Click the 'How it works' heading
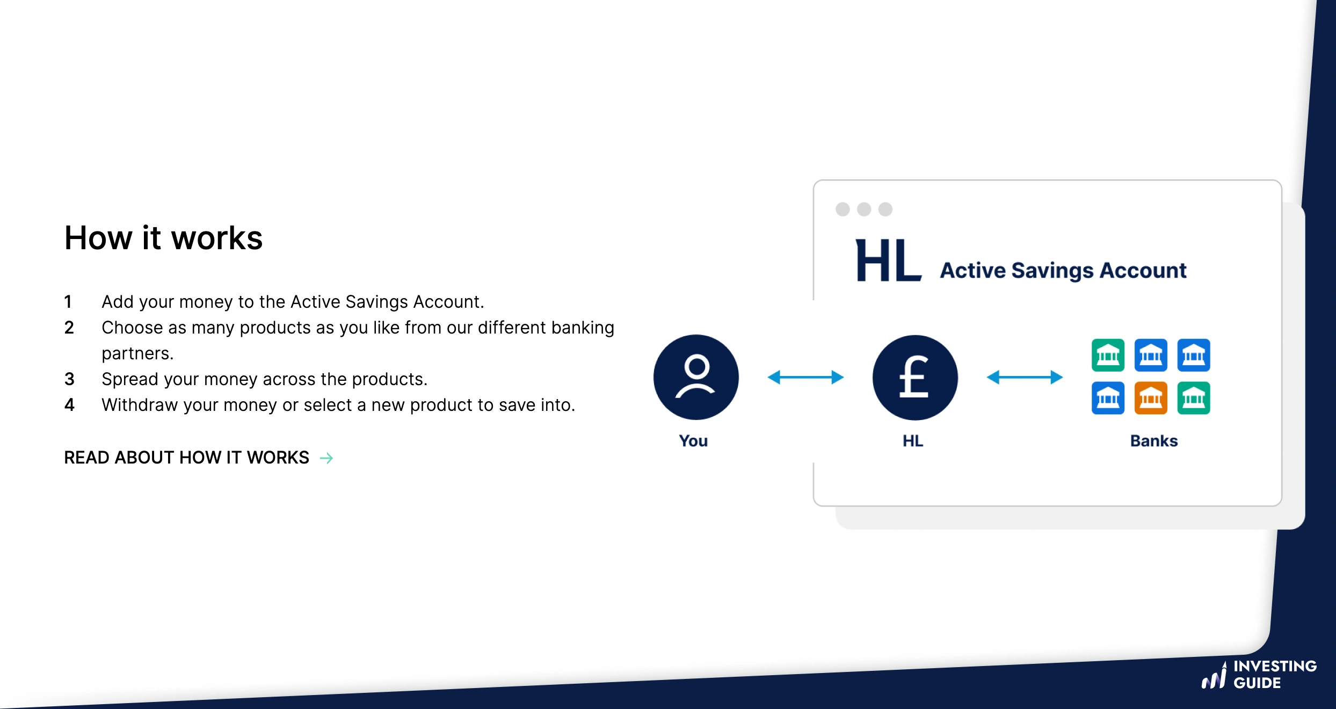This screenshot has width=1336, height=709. [163, 238]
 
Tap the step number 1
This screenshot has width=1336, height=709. [68, 302]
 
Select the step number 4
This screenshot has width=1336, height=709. [69, 405]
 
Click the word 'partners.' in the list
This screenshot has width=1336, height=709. [137, 353]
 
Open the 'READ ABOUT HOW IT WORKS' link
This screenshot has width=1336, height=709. [186, 458]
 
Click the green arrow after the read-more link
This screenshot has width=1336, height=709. [326, 458]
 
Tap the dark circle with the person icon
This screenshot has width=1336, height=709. [696, 377]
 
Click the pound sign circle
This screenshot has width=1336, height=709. [914, 378]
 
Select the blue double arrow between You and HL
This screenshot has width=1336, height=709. [805, 377]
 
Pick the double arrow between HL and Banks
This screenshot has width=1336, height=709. [1025, 377]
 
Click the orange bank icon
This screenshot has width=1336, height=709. [1150, 398]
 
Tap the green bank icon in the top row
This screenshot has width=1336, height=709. [1108, 355]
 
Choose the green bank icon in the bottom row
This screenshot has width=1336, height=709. [1193, 398]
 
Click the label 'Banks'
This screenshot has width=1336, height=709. [1153, 441]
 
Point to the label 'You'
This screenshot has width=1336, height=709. [693, 441]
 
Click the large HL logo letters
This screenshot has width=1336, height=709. [888, 262]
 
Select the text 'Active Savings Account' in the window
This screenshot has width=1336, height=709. [1063, 270]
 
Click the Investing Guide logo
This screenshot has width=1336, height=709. [1259, 675]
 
